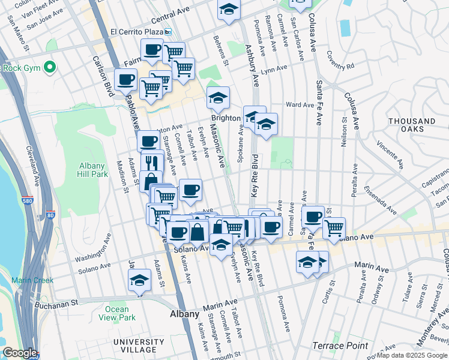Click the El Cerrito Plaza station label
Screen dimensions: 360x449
[137, 32]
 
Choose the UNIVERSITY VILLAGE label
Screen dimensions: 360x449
[130, 346]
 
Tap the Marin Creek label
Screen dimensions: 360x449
[32, 280]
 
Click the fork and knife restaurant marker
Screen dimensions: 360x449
[152, 162]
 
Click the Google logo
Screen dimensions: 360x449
[19, 353]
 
